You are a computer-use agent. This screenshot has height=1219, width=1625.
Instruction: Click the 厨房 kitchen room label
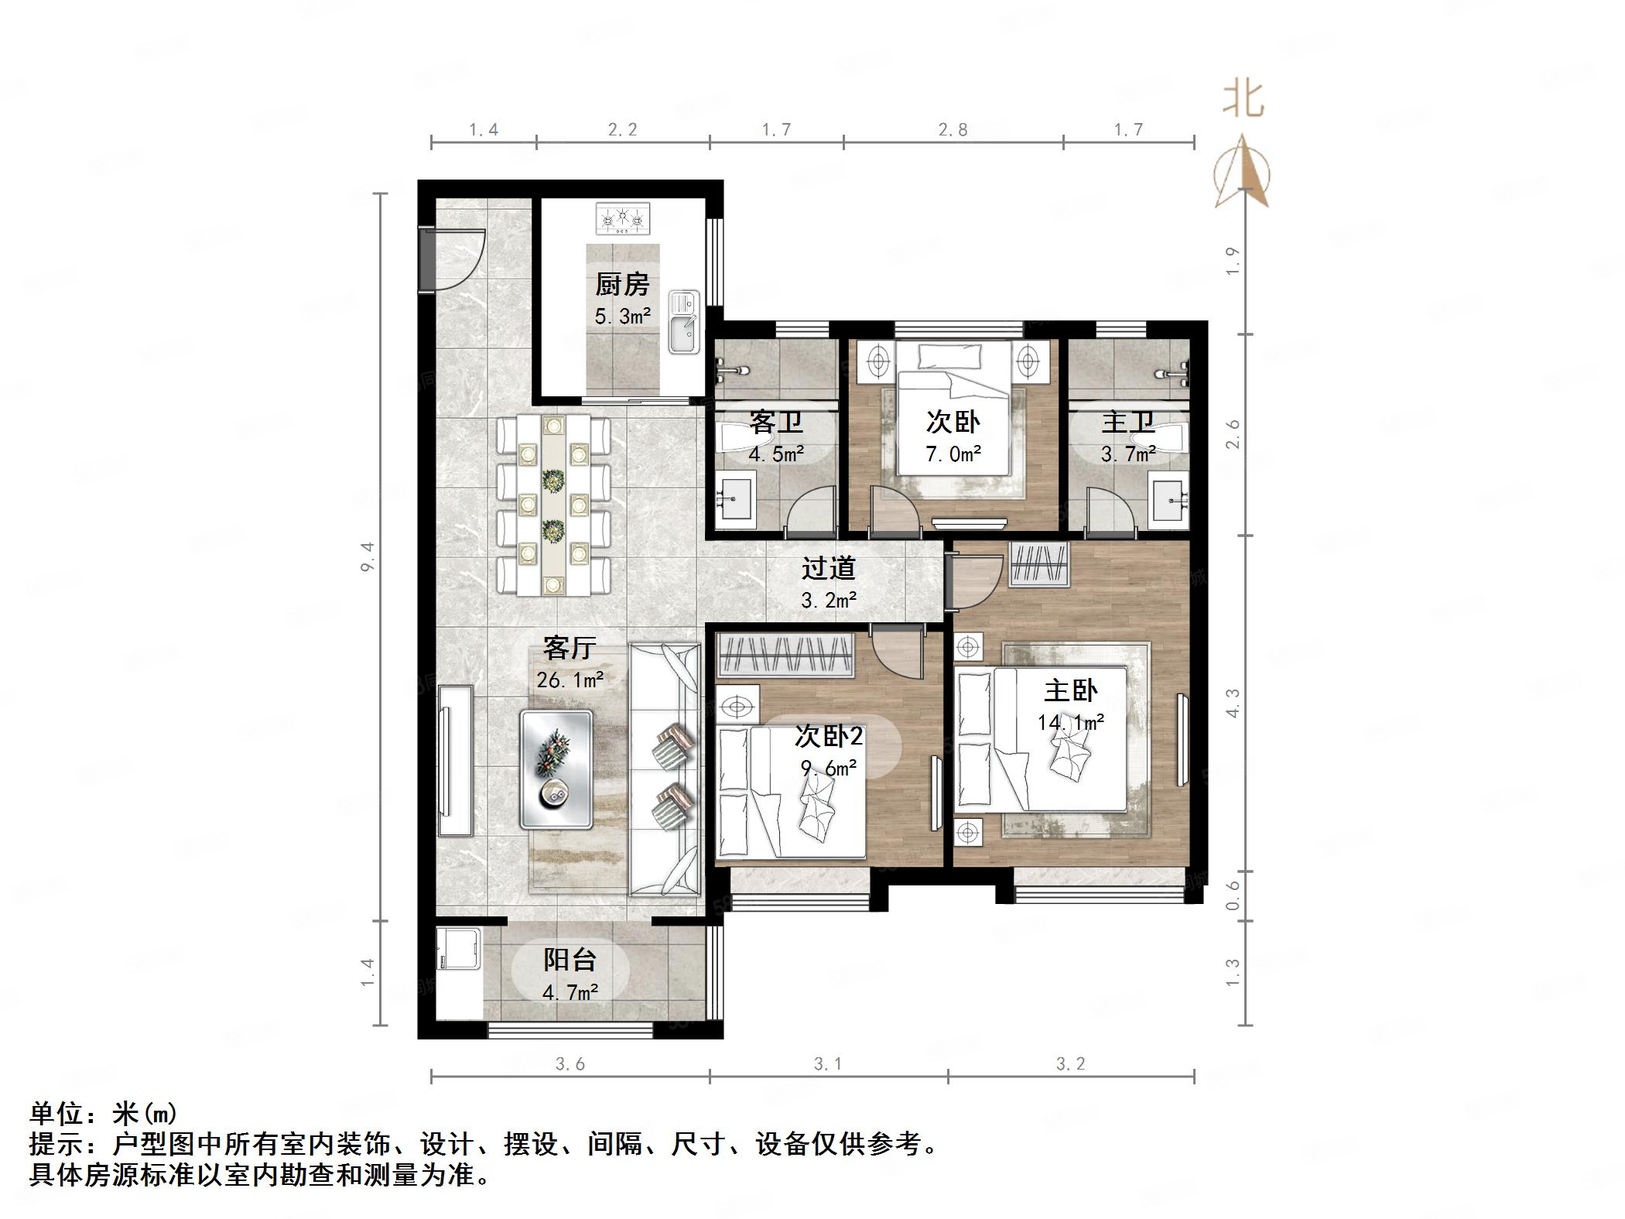tap(622, 285)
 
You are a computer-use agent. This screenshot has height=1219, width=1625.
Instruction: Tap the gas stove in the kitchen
tap(623, 219)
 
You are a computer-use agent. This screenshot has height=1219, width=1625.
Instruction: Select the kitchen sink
tap(684, 322)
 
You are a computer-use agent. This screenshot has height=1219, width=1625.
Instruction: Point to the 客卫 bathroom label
tap(775, 423)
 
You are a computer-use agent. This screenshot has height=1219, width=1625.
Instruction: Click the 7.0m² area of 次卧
tap(953, 454)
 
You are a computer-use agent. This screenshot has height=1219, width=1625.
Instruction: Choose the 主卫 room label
tap(1128, 423)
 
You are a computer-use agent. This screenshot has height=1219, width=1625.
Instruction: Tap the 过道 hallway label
tap(828, 568)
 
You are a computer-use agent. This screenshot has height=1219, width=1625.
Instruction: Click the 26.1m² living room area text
tap(570, 680)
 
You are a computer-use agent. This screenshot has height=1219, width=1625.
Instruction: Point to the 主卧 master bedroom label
tap(1071, 690)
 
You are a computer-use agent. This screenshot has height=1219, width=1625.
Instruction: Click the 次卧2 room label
tap(828, 736)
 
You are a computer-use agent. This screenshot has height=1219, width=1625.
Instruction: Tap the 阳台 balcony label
tap(570, 960)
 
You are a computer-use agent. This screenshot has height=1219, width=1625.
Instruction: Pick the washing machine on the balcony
tap(458, 950)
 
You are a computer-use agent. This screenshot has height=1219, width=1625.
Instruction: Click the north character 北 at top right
tap(1243, 100)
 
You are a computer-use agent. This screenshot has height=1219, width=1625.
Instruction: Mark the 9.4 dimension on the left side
tap(368, 556)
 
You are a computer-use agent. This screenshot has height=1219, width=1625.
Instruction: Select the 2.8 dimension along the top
tap(953, 129)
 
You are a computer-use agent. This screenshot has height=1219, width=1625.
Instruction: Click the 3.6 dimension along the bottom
tap(570, 1064)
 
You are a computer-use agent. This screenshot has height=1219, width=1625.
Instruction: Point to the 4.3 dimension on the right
tap(1233, 703)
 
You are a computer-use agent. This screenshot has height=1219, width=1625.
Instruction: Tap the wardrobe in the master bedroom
tap(1040, 564)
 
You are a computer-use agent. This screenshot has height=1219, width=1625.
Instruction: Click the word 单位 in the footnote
tap(57, 1114)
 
